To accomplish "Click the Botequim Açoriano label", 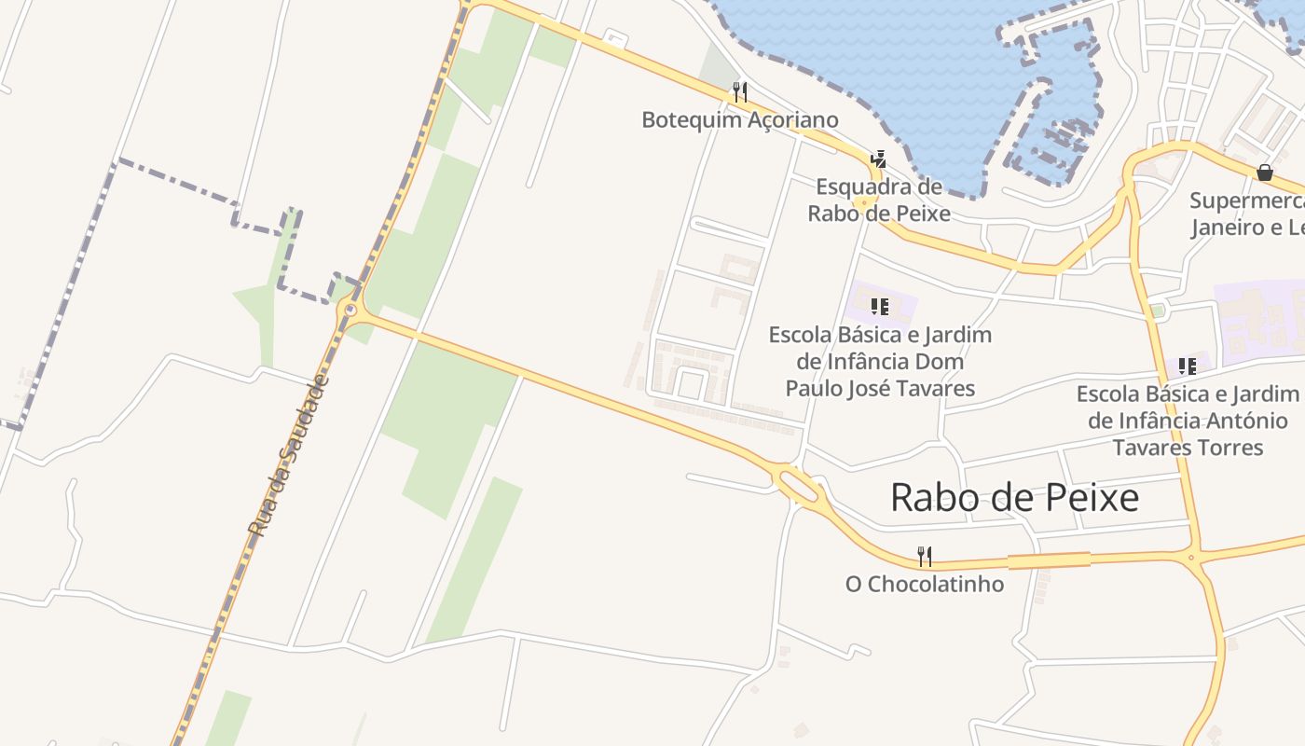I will tap(740, 120).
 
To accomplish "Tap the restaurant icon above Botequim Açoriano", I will tap(740, 92).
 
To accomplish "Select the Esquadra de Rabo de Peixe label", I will tap(879, 200).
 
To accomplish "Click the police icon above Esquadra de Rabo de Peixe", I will tap(878, 159).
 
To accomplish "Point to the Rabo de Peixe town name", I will tap(1014, 498).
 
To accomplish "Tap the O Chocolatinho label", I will tap(925, 585).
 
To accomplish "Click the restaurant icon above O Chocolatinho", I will tap(925, 557).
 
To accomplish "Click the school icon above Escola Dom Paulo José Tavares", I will tap(879, 306).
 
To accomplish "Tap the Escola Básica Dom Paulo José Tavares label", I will tap(880, 361).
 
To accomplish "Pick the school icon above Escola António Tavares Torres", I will tap(1187, 366).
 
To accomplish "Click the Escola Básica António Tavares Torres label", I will tap(1188, 421).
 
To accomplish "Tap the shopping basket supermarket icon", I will tap(1265, 173).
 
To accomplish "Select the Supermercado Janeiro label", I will tap(1247, 214).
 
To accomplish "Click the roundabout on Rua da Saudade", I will tap(350, 310).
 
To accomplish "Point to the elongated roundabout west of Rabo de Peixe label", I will tap(798, 484).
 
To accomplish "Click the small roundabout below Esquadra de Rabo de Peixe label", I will tap(866, 202).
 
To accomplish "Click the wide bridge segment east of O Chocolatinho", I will tap(1049, 560).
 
